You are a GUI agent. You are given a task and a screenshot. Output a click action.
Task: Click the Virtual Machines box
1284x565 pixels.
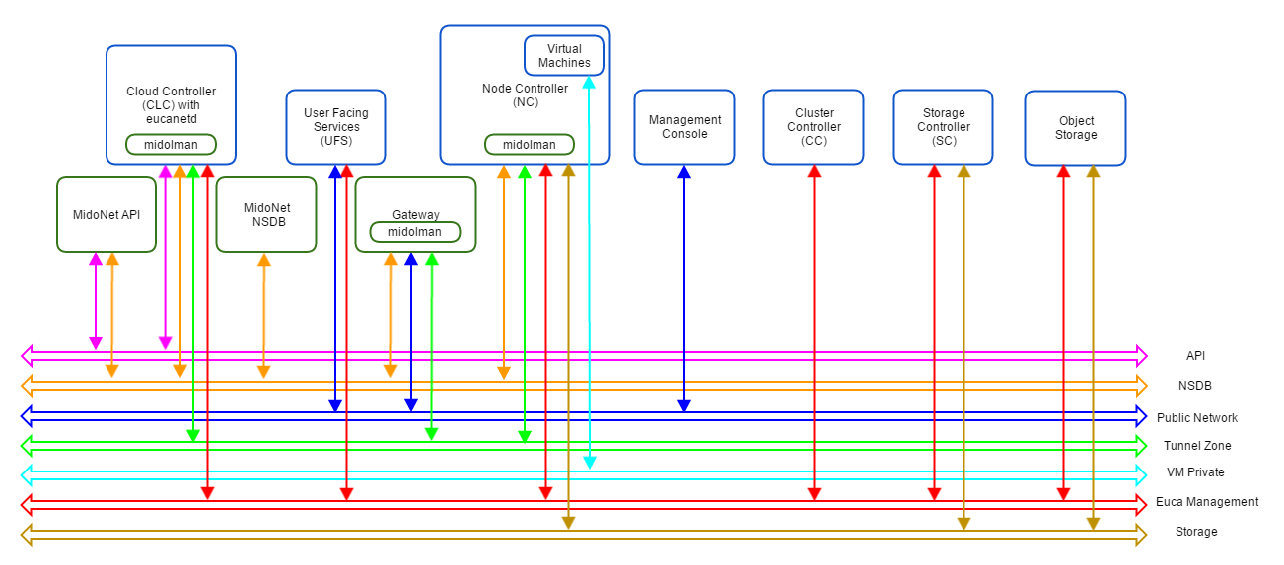(x=564, y=56)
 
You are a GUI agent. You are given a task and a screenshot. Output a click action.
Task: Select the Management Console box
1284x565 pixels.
(x=684, y=127)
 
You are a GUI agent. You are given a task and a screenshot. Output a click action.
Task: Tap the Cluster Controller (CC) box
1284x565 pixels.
(x=813, y=127)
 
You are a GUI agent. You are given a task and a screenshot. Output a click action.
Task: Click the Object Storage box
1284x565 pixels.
(x=1075, y=128)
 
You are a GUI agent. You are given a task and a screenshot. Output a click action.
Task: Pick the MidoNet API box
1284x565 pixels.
(x=107, y=214)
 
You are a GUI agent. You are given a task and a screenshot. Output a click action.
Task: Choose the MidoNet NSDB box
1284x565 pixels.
(x=265, y=214)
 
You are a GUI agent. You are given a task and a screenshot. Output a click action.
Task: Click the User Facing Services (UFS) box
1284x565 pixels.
(x=335, y=127)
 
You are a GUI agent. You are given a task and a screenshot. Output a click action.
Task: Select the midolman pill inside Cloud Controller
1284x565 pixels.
(x=170, y=144)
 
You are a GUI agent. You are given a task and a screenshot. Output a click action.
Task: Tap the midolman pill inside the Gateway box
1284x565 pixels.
(x=415, y=232)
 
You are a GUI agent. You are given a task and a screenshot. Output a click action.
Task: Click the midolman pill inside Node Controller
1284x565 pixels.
(x=529, y=144)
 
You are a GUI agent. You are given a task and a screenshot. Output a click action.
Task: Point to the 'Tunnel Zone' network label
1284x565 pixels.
(x=1196, y=446)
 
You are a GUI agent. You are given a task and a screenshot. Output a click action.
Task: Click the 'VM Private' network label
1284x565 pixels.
(x=1195, y=472)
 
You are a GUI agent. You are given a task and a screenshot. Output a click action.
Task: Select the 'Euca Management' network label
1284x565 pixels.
(x=1206, y=502)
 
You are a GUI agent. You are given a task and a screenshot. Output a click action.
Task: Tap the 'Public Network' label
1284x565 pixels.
(x=1196, y=418)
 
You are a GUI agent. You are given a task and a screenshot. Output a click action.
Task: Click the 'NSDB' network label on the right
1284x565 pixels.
(x=1195, y=386)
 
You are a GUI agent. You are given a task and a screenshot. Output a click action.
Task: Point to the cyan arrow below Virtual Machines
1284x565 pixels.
(x=589, y=298)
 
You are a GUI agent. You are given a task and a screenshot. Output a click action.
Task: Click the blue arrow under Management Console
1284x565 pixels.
(x=684, y=288)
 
